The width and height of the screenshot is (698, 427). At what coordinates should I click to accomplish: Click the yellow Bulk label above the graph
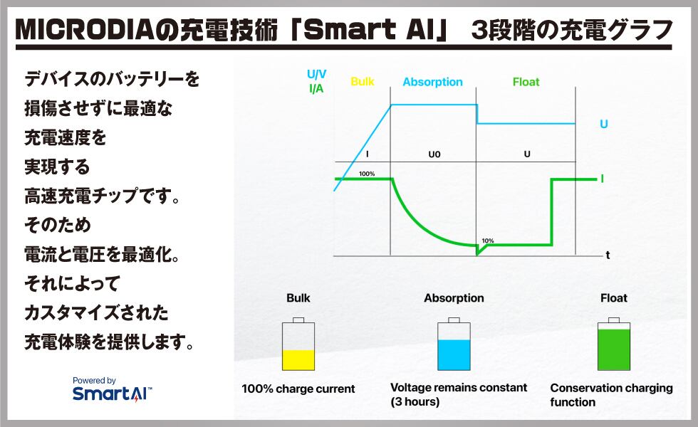click(363, 81)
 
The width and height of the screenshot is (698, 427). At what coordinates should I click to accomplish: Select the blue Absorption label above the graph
click(433, 83)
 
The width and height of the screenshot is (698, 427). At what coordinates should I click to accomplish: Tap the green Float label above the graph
click(526, 82)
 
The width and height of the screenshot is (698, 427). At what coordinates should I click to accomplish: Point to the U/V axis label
click(316, 74)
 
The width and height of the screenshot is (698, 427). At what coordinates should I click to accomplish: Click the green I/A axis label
click(316, 88)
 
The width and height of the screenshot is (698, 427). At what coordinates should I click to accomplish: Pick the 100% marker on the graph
click(367, 174)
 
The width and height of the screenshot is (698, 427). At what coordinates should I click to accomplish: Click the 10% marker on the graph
click(488, 241)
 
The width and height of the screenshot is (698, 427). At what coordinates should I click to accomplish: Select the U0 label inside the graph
click(434, 154)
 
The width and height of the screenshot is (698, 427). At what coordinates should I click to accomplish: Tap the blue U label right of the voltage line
click(604, 124)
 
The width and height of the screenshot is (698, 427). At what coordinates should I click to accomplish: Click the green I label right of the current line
click(603, 179)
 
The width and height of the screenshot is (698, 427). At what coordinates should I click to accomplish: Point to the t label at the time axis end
click(608, 255)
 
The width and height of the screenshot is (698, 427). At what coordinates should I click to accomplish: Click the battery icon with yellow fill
click(298, 344)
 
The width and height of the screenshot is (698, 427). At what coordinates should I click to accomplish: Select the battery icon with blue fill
click(454, 344)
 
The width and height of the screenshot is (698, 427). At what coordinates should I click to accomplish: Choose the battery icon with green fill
click(613, 344)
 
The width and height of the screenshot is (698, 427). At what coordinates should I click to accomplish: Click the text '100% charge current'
click(298, 389)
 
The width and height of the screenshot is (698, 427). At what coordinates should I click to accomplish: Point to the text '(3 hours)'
click(415, 401)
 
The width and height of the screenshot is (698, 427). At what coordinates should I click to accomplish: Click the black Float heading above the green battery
click(614, 298)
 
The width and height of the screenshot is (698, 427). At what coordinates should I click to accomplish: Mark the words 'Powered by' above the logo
click(94, 381)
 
